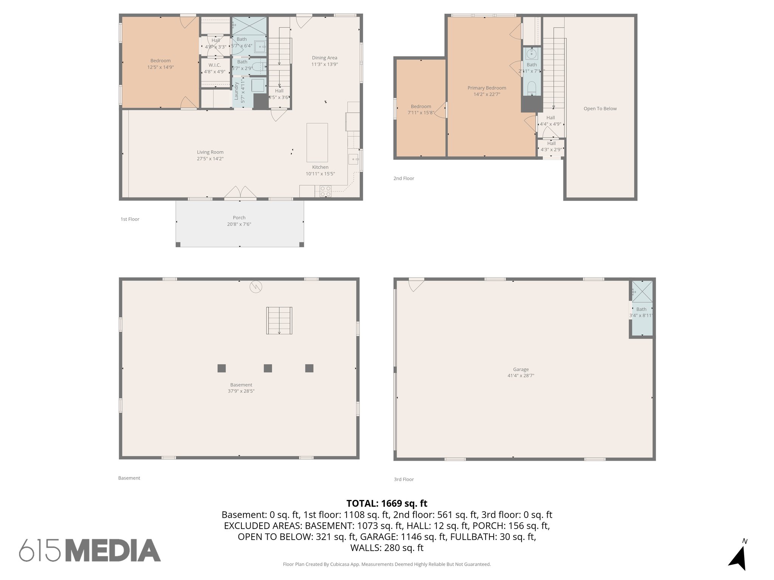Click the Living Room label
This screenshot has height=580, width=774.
click(x=210, y=152)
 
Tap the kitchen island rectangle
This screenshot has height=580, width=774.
click(x=317, y=142)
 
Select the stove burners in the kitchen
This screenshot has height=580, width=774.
click(x=325, y=191)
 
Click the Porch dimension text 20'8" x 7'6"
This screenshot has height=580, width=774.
click(x=239, y=224)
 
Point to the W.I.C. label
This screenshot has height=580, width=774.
click(x=215, y=65)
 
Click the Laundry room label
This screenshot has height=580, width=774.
click(x=237, y=91)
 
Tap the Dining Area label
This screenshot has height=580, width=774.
click(x=324, y=58)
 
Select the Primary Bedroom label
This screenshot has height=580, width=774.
click(x=486, y=88)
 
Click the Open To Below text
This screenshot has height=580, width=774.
click(x=600, y=109)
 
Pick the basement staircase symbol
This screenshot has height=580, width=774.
click(x=279, y=321)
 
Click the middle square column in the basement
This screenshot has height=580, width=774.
click(x=268, y=368)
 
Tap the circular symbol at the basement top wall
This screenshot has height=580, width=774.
click(x=256, y=287)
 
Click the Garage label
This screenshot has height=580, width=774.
click(x=521, y=369)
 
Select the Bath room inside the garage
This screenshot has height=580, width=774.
click(x=641, y=309)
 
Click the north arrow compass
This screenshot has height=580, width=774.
click(x=738, y=555)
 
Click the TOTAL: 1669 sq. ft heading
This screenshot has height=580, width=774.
click(x=387, y=503)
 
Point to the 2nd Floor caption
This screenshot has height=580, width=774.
click(x=404, y=179)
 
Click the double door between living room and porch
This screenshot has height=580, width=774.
click(x=240, y=193)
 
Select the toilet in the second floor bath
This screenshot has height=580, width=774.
click(x=531, y=88)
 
